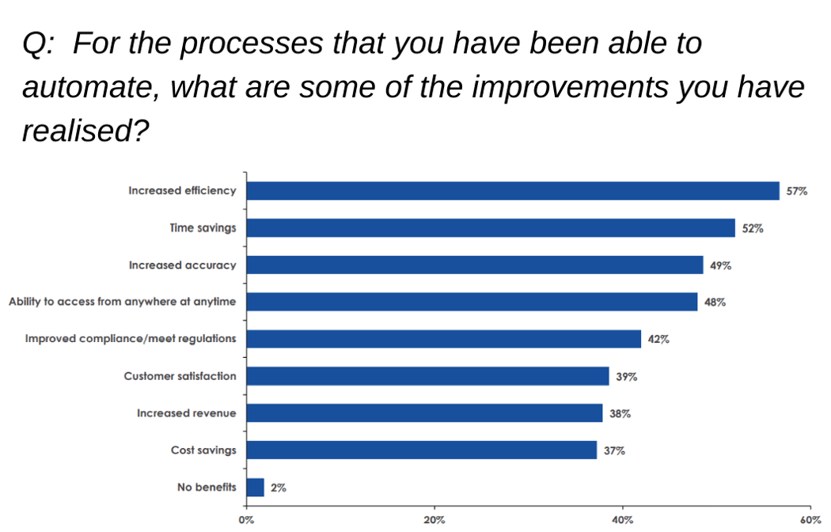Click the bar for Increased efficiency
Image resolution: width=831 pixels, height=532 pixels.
[x=513, y=191]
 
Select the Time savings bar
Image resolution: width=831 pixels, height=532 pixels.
[x=491, y=228]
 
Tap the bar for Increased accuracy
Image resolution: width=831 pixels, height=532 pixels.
[x=475, y=265]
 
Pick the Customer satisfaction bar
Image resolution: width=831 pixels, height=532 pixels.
[x=427, y=376]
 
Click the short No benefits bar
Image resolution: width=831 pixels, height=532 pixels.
[x=255, y=487]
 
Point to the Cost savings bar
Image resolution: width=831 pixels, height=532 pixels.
[x=422, y=450]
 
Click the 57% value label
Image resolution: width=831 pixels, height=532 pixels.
[x=796, y=192]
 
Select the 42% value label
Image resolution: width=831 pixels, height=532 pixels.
[x=658, y=340]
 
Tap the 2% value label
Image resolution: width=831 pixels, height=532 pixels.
[x=279, y=488]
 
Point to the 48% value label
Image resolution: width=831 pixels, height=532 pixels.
[x=715, y=302]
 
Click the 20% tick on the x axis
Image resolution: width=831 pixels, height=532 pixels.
[x=434, y=520]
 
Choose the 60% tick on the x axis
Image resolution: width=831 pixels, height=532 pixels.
[x=810, y=520]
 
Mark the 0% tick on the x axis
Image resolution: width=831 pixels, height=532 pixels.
[x=246, y=520]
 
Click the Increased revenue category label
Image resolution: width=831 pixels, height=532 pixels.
[x=186, y=413]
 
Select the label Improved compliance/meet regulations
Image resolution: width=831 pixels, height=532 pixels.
[x=131, y=339]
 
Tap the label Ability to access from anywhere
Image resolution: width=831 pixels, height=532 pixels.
[x=123, y=302]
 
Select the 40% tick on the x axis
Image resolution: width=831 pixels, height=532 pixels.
[x=623, y=520]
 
